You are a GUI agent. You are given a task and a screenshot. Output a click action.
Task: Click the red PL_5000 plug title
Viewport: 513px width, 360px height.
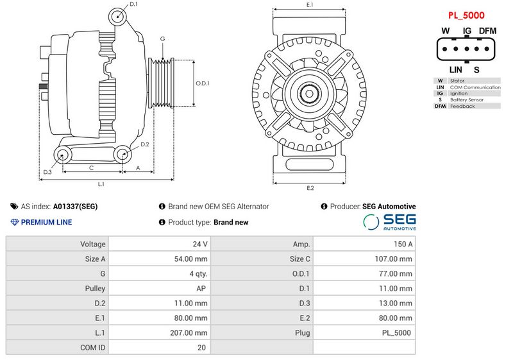(x=466, y=15)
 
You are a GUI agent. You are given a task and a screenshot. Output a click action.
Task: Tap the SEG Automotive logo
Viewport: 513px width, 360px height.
(x=390, y=222)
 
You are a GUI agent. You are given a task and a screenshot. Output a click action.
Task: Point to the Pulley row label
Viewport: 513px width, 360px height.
(x=95, y=289)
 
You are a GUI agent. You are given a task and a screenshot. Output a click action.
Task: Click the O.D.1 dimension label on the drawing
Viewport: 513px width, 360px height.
(x=203, y=83)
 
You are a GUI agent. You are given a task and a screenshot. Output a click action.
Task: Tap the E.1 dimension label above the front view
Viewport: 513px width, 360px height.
(x=310, y=5)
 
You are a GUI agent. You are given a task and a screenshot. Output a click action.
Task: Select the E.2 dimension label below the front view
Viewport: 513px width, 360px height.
(x=310, y=188)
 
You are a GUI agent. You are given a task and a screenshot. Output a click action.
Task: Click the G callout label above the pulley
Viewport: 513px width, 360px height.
(x=163, y=39)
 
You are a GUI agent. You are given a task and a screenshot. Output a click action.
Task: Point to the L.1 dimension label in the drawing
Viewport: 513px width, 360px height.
(x=101, y=184)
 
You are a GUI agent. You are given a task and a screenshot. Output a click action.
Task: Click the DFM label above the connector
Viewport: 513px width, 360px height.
(x=487, y=31)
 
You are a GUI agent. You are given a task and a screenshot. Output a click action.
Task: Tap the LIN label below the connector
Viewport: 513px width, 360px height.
(x=455, y=69)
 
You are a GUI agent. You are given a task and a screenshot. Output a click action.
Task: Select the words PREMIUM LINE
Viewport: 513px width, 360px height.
(x=46, y=222)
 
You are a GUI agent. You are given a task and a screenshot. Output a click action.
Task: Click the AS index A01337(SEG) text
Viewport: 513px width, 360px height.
(x=75, y=207)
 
